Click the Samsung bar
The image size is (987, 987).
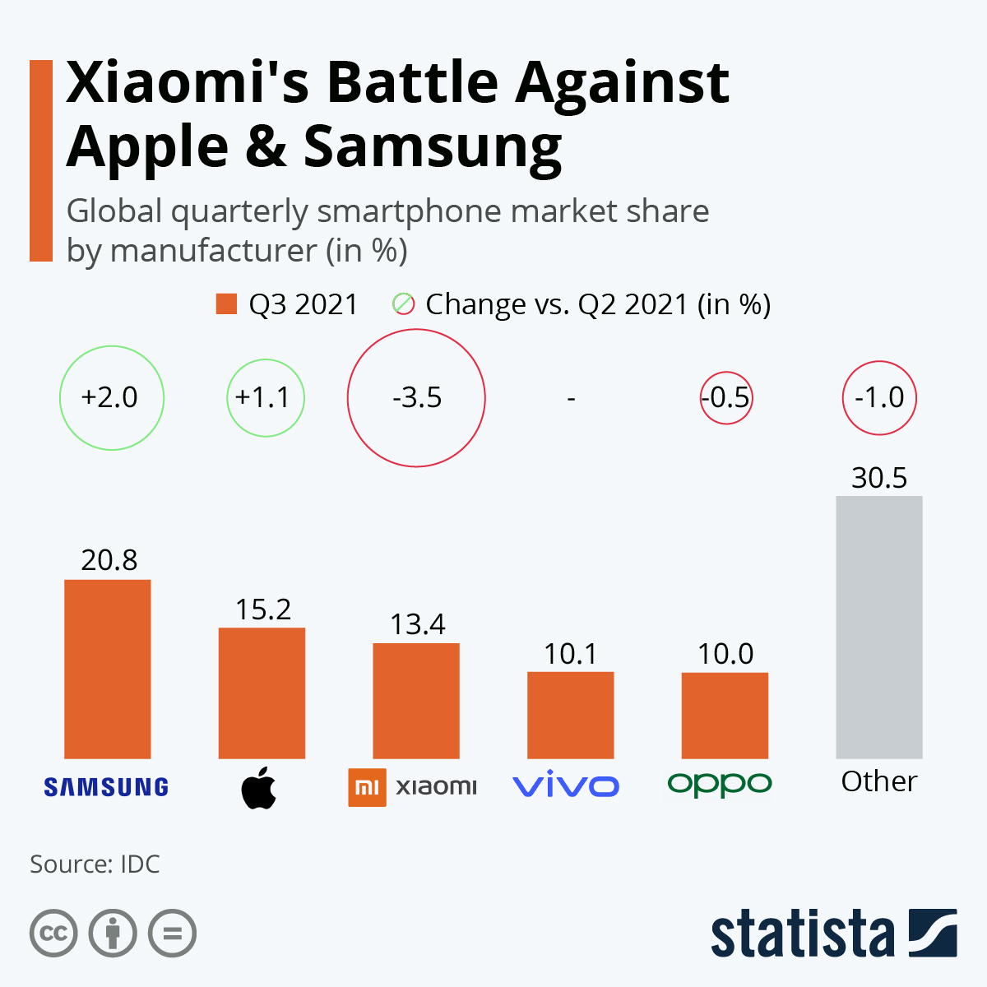point(107,669)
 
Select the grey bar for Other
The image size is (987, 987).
point(878,627)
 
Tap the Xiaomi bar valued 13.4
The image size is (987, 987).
point(416,700)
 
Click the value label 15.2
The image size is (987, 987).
point(263,609)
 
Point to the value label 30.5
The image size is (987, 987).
point(878,478)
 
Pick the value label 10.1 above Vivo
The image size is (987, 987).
point(570,654)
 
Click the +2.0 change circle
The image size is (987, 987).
point(111,398)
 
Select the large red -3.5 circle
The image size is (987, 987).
point(416,398)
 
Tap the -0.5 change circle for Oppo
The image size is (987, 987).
point(726,398)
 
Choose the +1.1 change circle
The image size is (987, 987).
point(265,398)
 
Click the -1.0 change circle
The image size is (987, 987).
point(878,398)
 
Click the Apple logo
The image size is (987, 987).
point(259,787)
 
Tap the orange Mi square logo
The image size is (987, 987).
point(367,787)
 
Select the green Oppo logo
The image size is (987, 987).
point(720,784)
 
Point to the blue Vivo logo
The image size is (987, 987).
point(566,786)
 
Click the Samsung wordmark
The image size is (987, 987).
point(106,787)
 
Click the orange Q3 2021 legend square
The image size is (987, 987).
point(226,304)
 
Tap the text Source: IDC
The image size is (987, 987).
point(95,864)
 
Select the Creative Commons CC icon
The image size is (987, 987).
point(53,934)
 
